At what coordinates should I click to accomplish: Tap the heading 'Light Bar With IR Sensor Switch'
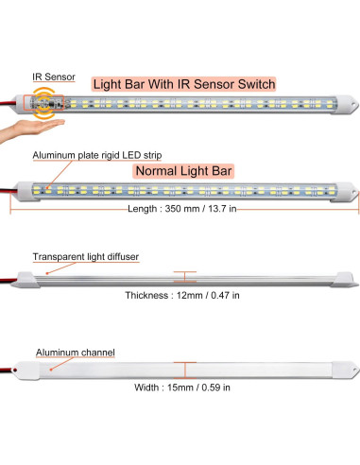[x=184, y=84]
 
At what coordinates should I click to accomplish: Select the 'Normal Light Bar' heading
[x=183, y=171]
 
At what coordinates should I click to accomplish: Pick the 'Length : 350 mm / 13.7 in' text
[x=184, y=208]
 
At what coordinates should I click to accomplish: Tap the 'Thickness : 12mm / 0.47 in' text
[x=182, y=295]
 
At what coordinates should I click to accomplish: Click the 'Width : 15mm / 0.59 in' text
[x=182, y=387]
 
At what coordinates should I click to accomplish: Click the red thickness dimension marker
[x=184, y=276]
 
